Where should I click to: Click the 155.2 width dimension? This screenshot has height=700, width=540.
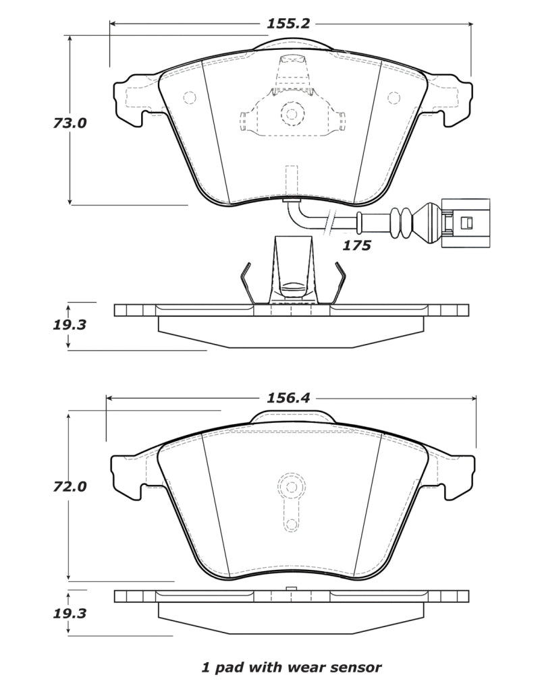288,24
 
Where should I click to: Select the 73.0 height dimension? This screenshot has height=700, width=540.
70,124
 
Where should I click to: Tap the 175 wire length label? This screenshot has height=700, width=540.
356,245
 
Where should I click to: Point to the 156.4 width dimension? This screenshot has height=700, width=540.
288,398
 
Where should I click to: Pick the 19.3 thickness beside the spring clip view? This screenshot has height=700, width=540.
69,324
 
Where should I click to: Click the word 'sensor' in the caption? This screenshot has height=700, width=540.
356,668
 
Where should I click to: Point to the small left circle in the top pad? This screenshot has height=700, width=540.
189,98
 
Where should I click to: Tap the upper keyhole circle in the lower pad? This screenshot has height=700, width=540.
292,486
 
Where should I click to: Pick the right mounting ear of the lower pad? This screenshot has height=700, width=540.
456,475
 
